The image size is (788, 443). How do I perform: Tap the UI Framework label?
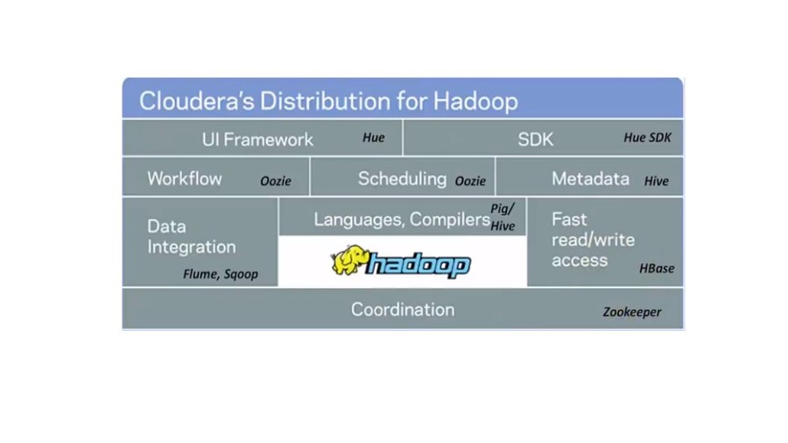257,139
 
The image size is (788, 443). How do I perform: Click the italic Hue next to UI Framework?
374,137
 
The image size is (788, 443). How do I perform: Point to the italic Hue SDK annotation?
647,137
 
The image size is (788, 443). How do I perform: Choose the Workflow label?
185,179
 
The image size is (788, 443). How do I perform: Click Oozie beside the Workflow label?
276,181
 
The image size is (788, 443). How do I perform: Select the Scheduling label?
402,179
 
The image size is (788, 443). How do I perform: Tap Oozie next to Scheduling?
470,181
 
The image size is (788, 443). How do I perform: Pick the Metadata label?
590,179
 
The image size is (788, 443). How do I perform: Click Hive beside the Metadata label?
656,181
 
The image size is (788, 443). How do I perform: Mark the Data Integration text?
191,236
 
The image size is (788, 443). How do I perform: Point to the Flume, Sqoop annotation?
221,274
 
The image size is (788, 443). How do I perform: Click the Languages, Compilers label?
402,220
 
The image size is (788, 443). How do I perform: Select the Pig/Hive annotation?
503,217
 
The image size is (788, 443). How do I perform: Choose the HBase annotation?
657,269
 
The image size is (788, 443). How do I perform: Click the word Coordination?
403,309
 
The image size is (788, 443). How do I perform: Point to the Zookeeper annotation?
632,312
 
